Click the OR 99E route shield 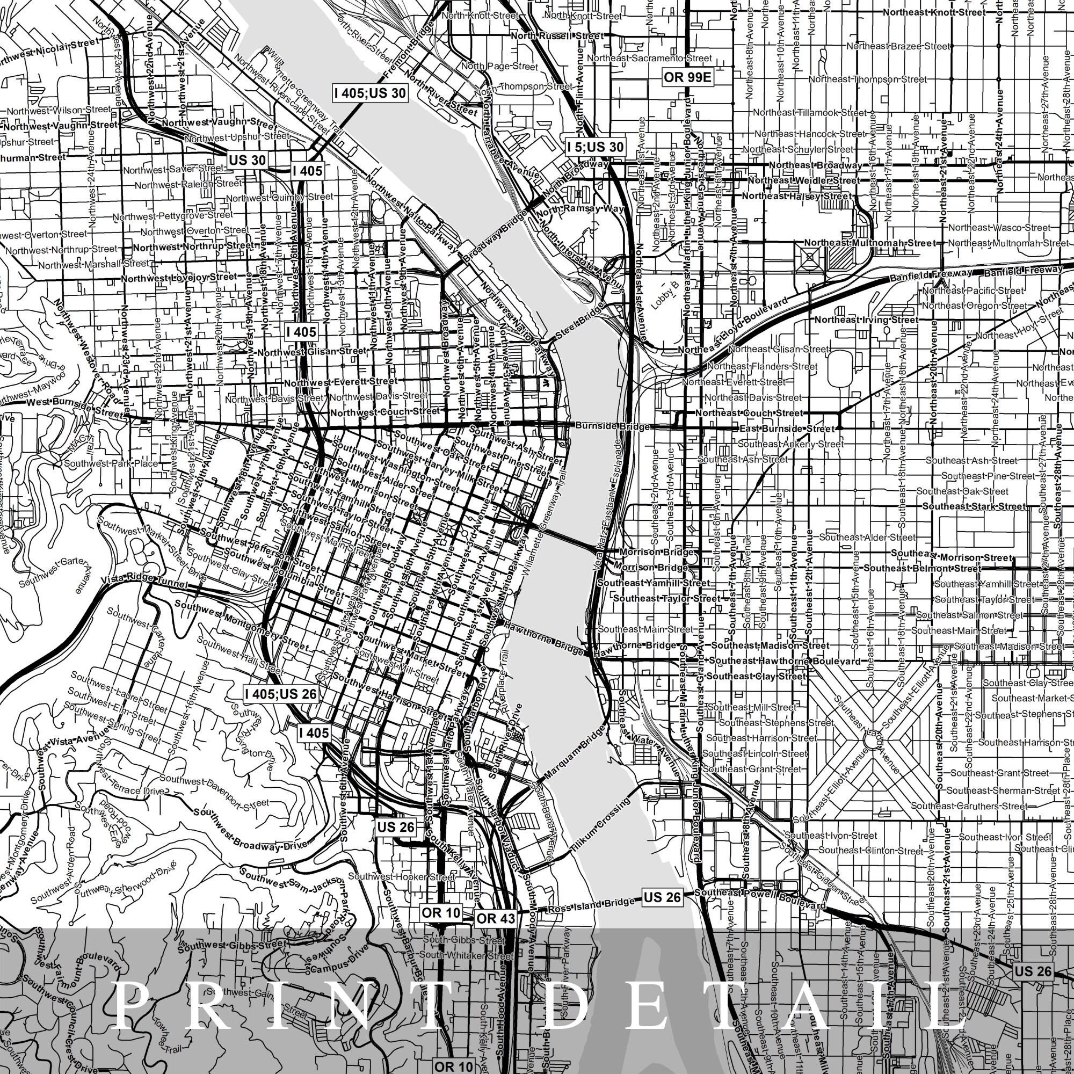[x=688, y=77]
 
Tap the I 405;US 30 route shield [x=369, y=93]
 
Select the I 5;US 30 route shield [x=596, y=147]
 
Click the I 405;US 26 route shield [x=281, y=694]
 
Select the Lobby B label [x=665, y=295]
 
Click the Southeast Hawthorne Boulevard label [x=785, y=661]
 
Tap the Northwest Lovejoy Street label [x=179, y=278]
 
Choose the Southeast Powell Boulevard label [x=760, y=897]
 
